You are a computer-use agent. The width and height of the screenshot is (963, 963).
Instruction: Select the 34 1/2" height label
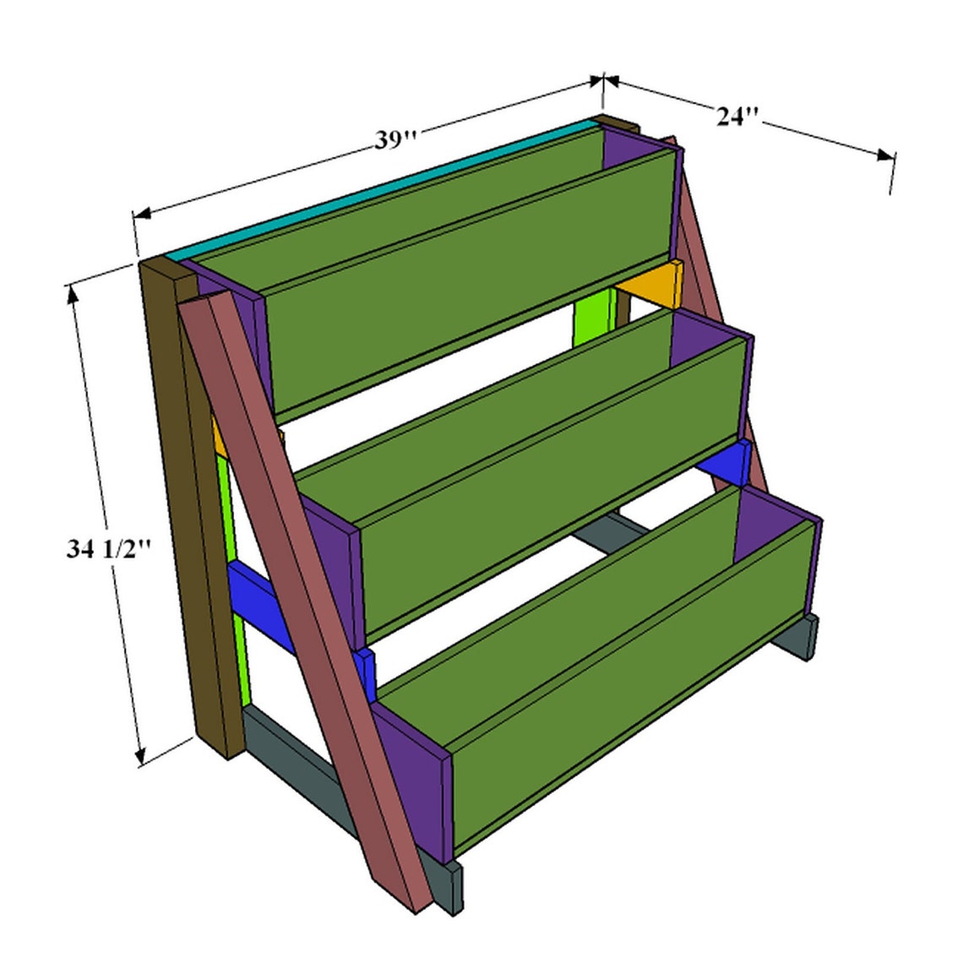click(109, 550)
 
